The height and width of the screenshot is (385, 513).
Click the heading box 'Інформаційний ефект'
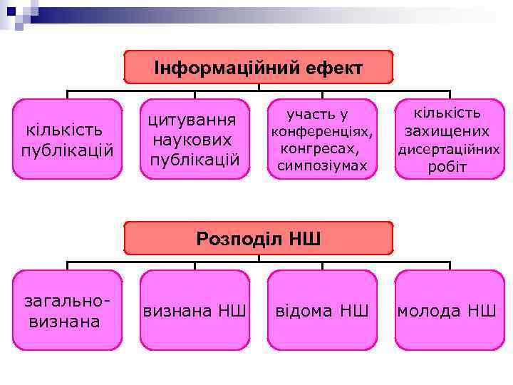[x=258, y=68]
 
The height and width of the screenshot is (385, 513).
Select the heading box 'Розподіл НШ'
[x=258, y=238]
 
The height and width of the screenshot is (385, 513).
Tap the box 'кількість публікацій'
[x=68, y=139]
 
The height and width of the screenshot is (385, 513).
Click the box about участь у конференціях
[x=321, y=139]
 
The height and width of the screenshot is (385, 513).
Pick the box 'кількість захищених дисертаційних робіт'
[x=448, y=139]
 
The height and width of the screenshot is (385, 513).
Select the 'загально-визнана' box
[x=68, y=310]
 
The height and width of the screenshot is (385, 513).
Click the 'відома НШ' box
[x=321, y=310]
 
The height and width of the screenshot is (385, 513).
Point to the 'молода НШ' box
[x=448, y=310]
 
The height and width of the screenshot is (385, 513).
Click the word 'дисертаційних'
[x=448, y=150]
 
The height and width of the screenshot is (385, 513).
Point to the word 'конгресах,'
[x=321, y=149]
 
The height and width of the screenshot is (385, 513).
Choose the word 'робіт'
[x=447, y=168]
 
